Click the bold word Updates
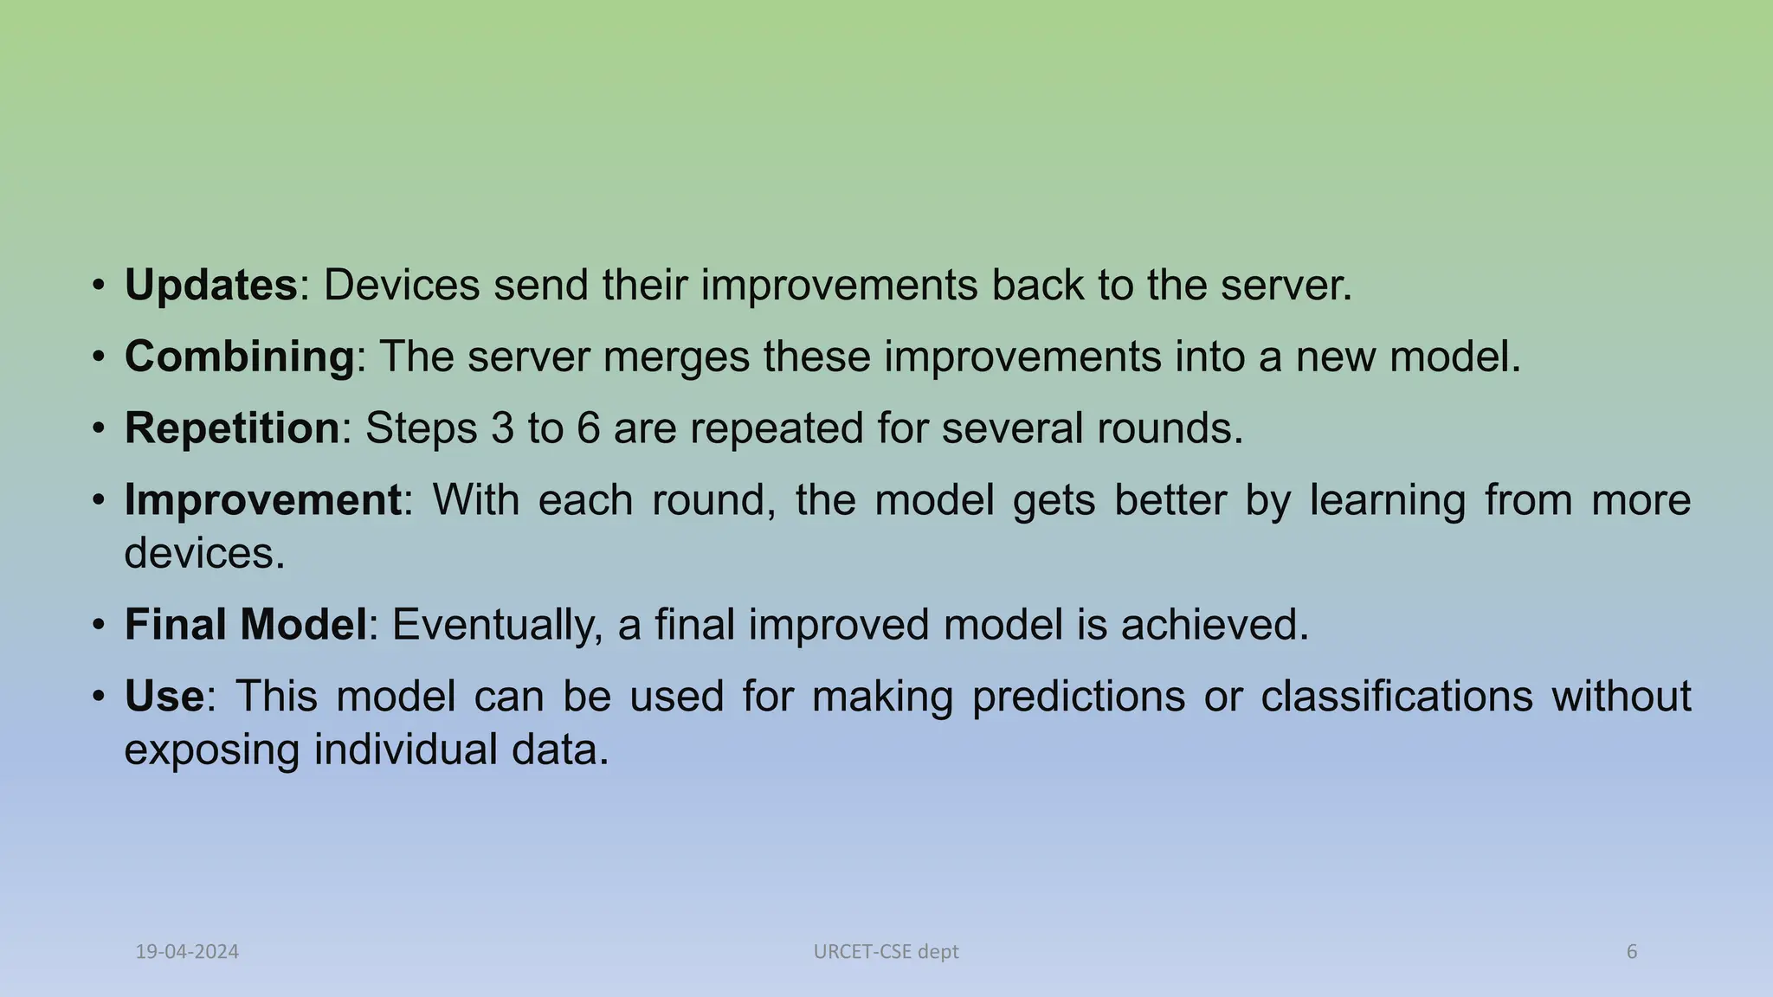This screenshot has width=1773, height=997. (210, 286)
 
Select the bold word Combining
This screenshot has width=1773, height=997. (239, 357)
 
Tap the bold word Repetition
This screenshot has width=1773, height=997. (232, 428)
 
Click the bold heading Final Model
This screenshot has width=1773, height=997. (246, 625)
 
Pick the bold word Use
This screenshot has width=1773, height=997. (164, 696)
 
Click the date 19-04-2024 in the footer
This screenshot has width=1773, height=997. (187, 952)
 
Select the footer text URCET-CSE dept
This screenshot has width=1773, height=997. (886, 952)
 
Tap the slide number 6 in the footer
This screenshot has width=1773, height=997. (1632, 952)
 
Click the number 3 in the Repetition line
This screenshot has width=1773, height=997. (502, 428)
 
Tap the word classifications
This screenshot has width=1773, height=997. (1396, 696)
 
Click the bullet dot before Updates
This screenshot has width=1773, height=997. (100, 286)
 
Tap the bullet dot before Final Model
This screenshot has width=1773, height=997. (100, 625)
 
